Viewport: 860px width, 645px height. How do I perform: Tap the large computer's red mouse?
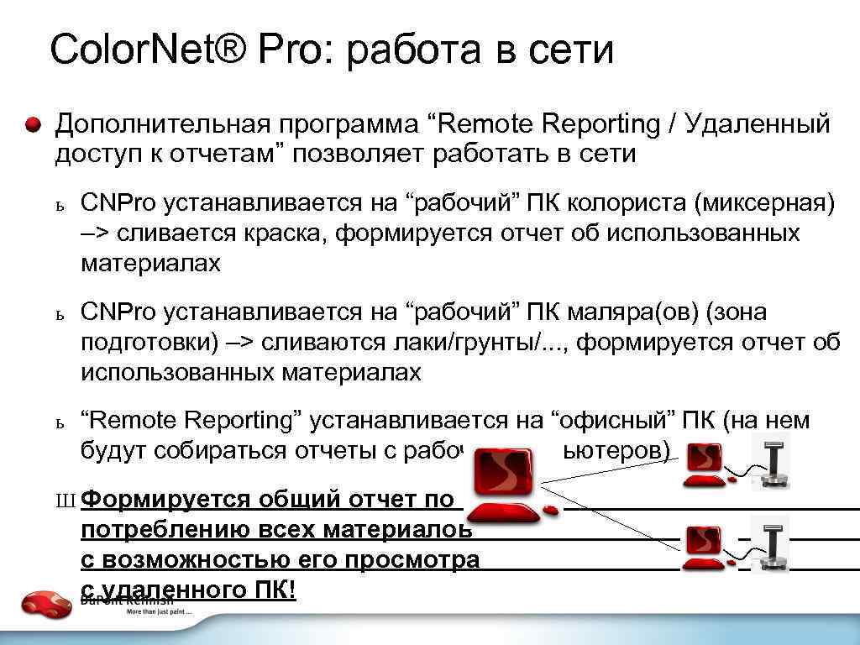click(x=550, y=510)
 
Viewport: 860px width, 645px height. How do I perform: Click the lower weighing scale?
click(x=770, y=543)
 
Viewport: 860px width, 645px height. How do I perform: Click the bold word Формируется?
click(x=169, y=500)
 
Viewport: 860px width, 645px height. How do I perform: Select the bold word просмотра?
click(x=408, y=560)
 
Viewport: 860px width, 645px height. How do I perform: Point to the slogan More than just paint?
click(x=159, y=611)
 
